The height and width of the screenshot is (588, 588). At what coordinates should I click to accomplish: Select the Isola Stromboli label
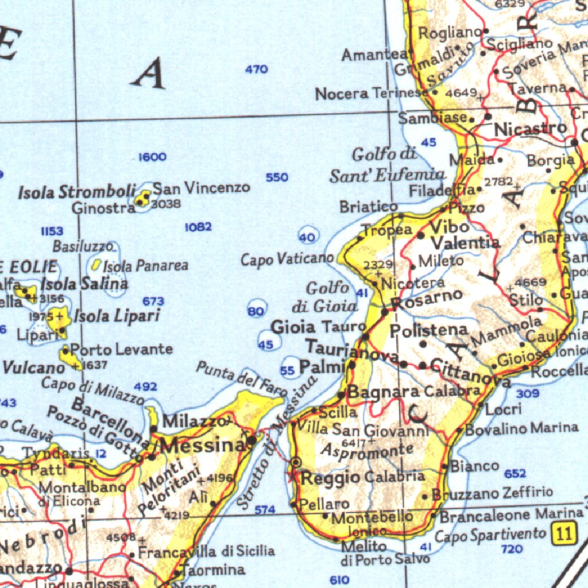point(77,192)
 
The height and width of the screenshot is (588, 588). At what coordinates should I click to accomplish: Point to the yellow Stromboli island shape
point(142,200)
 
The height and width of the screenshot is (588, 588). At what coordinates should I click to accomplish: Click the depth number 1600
point(152,157)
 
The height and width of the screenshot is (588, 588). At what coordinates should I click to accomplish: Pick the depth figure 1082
point(198,227)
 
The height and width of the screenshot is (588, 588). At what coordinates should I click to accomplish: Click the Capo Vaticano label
point(287,260)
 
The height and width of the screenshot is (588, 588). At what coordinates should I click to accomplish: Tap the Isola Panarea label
point(146,266)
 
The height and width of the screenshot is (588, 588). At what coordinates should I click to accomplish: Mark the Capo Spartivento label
point(490,535)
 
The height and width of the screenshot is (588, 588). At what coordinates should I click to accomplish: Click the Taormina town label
point(214,570)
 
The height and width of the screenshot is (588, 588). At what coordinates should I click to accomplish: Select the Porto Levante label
point(121,349)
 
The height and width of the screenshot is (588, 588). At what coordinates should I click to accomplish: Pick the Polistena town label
point(428,331)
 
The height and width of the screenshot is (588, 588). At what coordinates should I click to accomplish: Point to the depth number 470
point(256,69)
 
